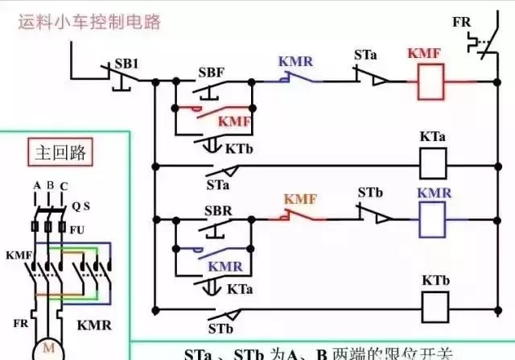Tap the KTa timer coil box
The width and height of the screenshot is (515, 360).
pos(434,165)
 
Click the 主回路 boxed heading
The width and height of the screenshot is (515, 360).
pos(60,151)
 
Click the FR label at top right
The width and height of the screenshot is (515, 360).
pos(461,22)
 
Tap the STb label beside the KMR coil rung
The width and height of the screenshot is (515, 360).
pos(370,193)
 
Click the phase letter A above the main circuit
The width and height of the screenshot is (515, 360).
pos(36,186)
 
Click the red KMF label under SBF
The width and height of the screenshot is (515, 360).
pos(235,121)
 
